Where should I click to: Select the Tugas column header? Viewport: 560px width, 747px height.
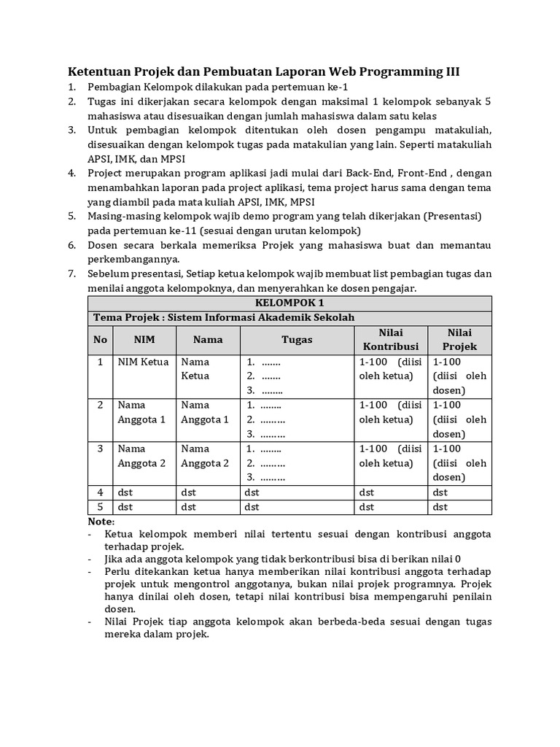pyautogui.click(x=297, y=340)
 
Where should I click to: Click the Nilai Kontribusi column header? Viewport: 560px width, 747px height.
pyautogui.click(x=391, y=340)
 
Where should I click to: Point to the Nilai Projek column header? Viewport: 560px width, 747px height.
pyautogui.click(x=460, y=340)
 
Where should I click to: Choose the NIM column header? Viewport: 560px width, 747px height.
pyautogui.click(x=144, y=340)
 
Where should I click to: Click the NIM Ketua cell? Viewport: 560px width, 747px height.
pyautogui.click(x=143, y=362)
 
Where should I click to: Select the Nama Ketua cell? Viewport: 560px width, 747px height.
pyautogui.click(x=195, y=368)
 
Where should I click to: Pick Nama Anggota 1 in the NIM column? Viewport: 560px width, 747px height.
pyautogui.click(x=142, y=412)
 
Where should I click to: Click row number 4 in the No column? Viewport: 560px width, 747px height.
pyautogui.click(x=100, y=492)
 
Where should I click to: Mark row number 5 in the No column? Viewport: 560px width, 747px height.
pyautogui.click(x=100, y=507)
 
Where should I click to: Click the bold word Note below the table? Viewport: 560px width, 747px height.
pyautogui.click(x=101, y=522)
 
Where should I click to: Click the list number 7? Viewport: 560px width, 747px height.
pyautogui.click(x=72, y=274)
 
